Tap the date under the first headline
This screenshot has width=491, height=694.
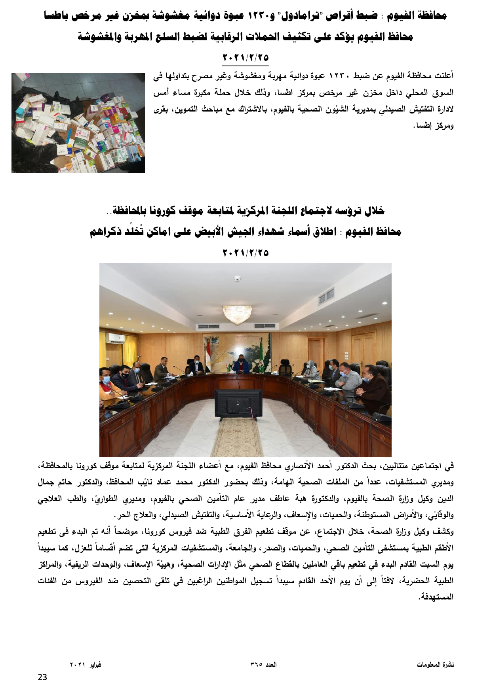coord(246,58)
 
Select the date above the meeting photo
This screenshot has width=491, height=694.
coord(246,252)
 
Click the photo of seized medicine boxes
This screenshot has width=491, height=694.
coord(78,123)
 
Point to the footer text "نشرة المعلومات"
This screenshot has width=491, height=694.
coord(435,665)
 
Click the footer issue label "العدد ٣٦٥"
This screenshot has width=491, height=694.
coord(263,665)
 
